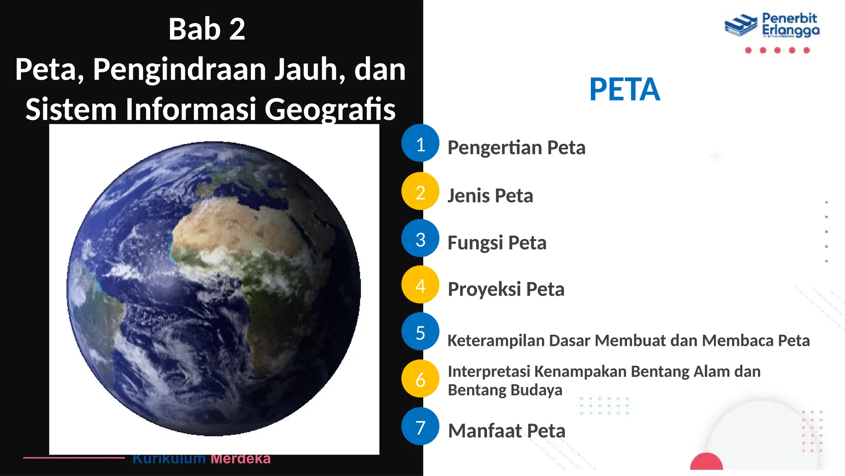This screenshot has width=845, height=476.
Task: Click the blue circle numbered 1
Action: [420, 143]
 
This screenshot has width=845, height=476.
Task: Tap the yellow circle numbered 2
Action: [420, 191]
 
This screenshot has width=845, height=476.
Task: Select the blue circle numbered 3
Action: [420, 238]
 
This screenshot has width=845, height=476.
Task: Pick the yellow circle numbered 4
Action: [420, 285]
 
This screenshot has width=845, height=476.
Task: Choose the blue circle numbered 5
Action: [420, 332]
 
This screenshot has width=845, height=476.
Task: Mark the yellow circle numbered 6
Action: [420, 379]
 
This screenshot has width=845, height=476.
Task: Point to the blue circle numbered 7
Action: [420, 426]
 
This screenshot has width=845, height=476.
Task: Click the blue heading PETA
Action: [624, 89]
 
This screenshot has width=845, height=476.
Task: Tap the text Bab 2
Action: [207, 29]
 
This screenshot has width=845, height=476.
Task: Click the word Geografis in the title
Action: [330, 109]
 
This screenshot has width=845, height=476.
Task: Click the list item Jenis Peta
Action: [490, 195]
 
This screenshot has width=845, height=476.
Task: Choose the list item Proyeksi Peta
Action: [506, 289]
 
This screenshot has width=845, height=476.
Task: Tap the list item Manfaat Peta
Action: [507, 431]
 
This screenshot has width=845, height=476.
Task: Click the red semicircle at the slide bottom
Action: [706, 462]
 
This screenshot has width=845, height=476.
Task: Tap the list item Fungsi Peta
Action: [497, 243]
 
